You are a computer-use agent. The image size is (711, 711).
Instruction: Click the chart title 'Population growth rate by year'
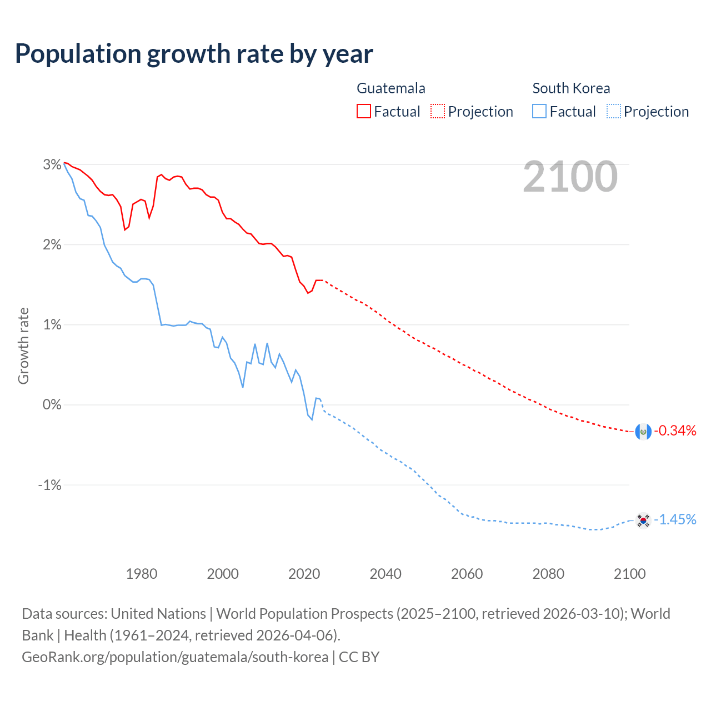[194, 54]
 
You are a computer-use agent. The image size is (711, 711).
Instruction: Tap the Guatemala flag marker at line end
[643, 432]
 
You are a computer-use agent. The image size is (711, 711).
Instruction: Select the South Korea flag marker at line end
[643, 520]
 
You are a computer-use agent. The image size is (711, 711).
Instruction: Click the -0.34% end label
[675, 430]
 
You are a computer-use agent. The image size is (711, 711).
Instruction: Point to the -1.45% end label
[675, 519]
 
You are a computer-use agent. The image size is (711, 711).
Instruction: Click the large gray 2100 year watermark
[570, 177]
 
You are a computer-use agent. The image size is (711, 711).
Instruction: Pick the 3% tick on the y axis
[52, 164]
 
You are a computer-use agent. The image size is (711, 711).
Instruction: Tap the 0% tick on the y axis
[52, 404]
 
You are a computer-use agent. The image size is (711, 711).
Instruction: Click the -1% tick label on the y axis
[49, 485]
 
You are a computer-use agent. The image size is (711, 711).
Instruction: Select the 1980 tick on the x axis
[142, 574]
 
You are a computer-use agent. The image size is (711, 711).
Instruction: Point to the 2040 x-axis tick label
[385, 574]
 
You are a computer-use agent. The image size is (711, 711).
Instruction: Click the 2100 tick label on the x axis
[629, 574]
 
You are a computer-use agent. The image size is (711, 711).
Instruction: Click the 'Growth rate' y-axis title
[23, 346]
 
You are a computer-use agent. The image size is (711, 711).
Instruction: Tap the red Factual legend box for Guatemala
[364, 111]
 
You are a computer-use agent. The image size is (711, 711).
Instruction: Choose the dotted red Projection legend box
[438, 111]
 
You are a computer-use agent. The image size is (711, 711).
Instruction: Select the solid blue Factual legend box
[539, 111]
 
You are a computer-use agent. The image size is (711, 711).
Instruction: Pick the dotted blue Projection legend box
[613, 111]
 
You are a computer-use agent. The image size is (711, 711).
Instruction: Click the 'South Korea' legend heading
[571, 88]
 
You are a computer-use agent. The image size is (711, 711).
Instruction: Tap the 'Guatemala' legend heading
[391, 88]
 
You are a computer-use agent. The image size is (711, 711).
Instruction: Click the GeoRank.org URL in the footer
[175, 657]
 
